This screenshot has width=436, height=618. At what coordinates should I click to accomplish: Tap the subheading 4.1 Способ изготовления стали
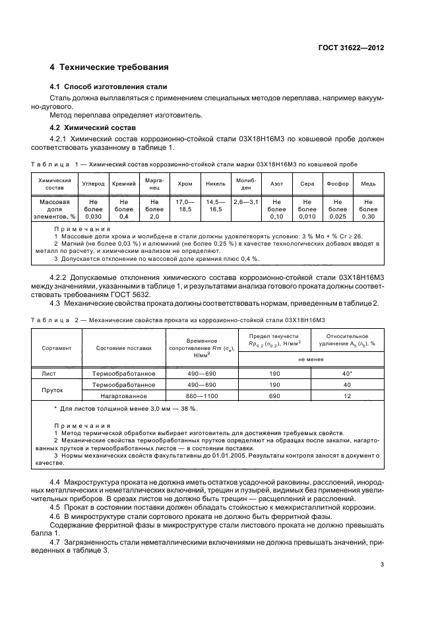(x=109, y=87)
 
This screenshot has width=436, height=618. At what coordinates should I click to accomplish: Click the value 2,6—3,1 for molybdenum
(x=245, y=201)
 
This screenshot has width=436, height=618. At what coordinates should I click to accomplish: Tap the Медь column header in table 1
(x=368, y=183)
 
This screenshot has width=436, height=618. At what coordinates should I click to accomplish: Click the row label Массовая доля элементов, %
(x=50, y=209)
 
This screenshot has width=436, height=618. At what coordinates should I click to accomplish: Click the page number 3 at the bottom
(x=382, y=564)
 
